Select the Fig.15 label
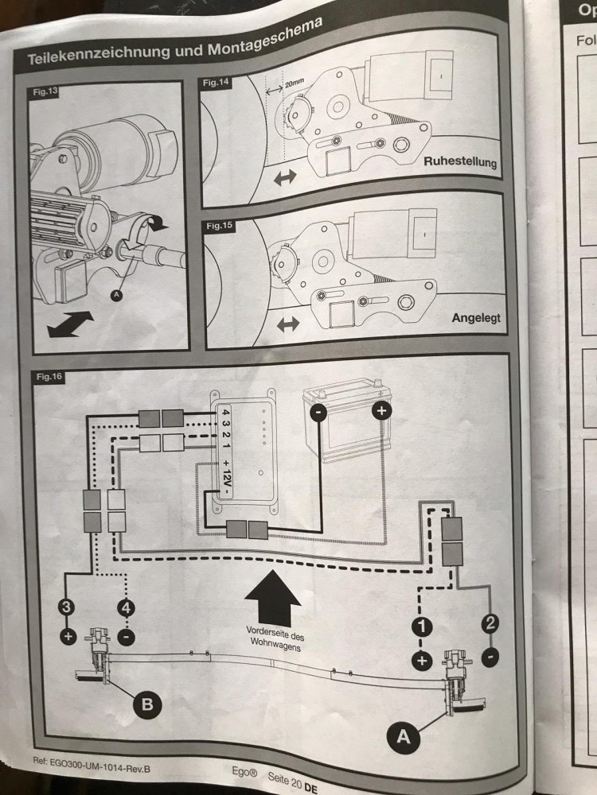[217, 226]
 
